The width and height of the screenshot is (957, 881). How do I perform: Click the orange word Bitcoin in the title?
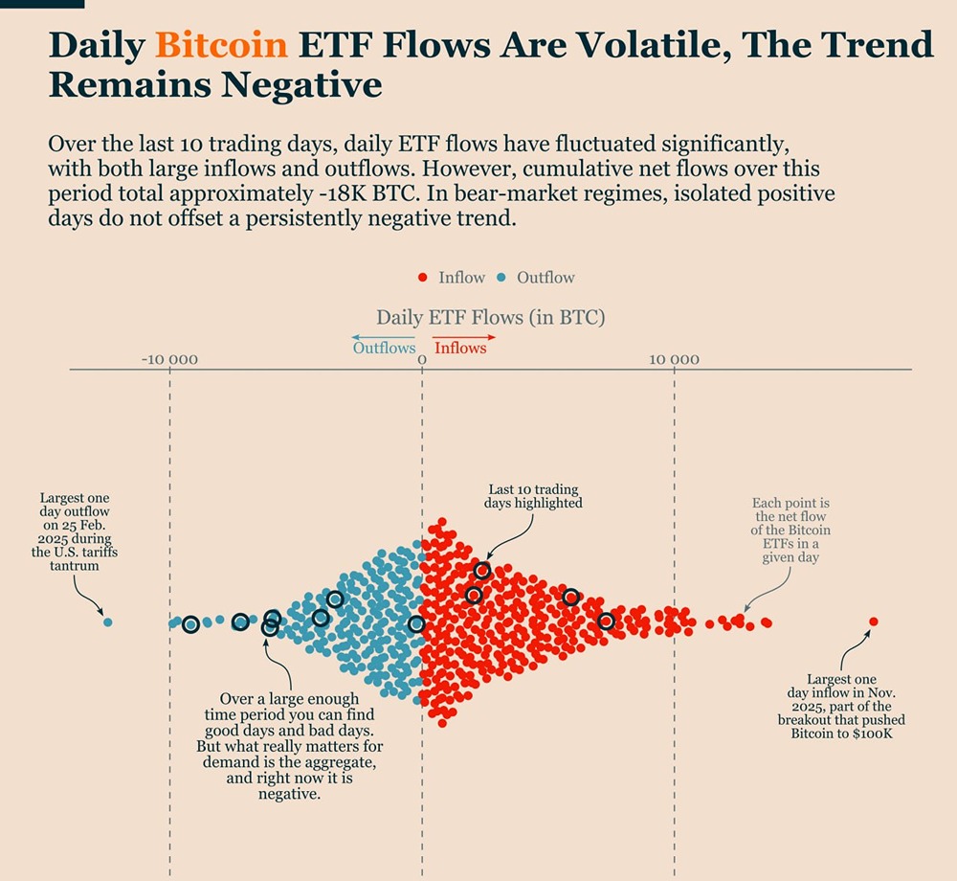click(221, 44)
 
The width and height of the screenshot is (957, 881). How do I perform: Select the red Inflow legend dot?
click(422, 278)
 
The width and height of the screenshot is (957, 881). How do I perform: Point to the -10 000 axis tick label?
click(169, 360)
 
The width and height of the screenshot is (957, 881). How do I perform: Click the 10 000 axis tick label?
click(674, 360)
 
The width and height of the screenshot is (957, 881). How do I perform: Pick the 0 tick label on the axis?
click(422, 360)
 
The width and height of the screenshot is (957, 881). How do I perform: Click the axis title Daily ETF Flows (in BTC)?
click(490, 317)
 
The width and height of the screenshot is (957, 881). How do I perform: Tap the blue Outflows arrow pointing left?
click(383, 337)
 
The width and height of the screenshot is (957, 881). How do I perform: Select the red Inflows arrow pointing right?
click(464, 337)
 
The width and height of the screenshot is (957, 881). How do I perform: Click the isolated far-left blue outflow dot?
click(107, 622)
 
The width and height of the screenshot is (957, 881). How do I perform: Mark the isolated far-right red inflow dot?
click(873, 621)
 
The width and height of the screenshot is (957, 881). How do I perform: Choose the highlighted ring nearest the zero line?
click(416, 624)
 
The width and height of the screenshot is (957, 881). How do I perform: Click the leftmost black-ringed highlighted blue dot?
click(190, 624)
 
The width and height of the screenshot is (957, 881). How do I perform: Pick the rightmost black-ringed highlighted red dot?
click(606, 621)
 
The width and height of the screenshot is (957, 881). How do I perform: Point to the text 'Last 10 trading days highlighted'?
click(534, 496)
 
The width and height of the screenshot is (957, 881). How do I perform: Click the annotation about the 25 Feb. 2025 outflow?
click(74, 531)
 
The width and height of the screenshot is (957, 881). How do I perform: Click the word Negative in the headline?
click(301, 85)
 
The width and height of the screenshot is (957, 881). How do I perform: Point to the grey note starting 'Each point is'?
click(790, 530)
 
